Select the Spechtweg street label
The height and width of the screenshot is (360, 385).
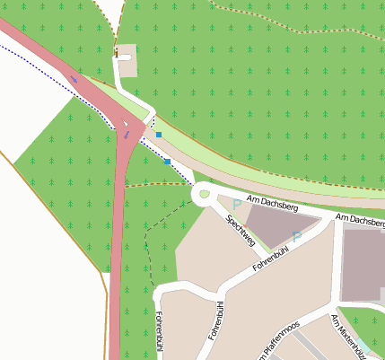point(241,230)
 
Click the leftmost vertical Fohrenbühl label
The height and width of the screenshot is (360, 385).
point(160,332)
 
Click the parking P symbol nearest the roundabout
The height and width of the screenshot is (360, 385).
point(236,205)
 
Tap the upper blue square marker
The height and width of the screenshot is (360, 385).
point(158,134)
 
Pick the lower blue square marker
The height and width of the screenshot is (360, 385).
point(168,162)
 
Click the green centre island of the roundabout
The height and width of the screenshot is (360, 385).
point(203,192)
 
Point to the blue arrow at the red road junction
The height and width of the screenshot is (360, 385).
point(127,134)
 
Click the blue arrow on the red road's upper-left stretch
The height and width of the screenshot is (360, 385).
point(74,77)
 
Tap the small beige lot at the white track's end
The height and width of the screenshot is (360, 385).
point(126,54)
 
